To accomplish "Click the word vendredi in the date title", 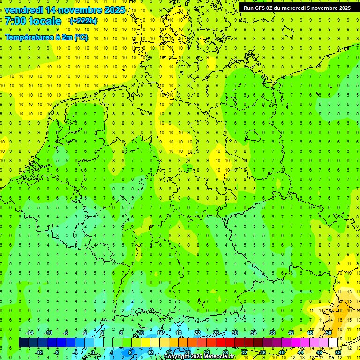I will [x=23, y=10].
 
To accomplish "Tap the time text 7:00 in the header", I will [x=15, y=21].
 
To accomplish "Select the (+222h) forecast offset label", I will [x=83, y=21].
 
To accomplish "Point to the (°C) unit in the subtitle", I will [x=81, y=37].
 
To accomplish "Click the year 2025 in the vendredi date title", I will [x=112, y=10].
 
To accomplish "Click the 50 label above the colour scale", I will [x=329, y=333].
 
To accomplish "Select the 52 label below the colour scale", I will [x=338, y=352].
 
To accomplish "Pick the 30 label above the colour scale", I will [x=234, y=333].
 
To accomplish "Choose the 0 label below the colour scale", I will [x=93, y=352].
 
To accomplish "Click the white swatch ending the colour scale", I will [x=333, y=343].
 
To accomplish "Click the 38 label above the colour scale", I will [x=272, y=333].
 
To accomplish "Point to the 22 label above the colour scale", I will [x=197, y=333].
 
